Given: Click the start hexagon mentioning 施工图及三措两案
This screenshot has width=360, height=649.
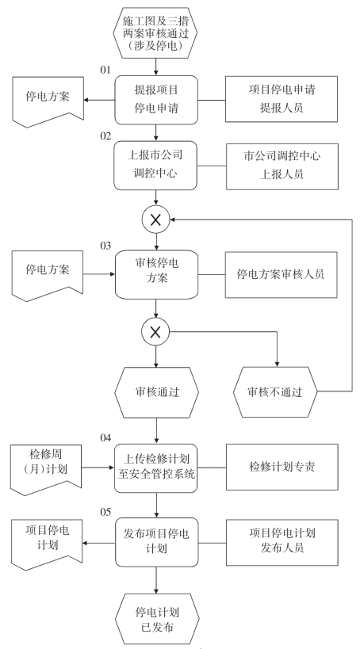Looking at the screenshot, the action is point(155,32).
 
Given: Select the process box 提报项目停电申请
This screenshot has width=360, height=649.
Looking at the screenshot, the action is point(156,100).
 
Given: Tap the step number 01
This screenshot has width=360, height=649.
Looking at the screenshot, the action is point(105,70).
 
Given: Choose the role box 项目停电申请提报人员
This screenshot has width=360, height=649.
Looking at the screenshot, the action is point(281,99).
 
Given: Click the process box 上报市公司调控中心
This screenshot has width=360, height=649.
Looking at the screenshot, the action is point(155,165).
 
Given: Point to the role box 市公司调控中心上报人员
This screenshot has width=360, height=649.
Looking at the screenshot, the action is point(282,166).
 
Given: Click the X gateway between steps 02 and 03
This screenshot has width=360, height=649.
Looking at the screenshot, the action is point(155,220).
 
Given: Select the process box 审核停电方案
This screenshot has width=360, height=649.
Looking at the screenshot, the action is point(156,274).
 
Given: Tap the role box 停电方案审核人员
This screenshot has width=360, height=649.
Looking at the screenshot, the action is point(281,275).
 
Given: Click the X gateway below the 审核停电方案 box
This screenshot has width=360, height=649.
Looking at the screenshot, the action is point(155,332).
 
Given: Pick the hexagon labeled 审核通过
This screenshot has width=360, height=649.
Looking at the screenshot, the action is point(156,392).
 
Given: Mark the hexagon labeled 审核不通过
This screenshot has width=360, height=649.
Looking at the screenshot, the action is point(275,391).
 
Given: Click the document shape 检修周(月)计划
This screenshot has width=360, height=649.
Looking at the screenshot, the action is point(46,469).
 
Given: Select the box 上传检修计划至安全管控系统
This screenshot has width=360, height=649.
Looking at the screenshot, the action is point(156,468).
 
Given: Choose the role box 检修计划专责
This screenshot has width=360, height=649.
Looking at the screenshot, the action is point(282,467).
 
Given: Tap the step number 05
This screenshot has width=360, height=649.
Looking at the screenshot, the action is point(105,513).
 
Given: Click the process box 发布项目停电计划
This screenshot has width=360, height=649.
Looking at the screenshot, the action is point(156,542).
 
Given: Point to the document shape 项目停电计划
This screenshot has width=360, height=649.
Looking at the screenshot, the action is point(47,544).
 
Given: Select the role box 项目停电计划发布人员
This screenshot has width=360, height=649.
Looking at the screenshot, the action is point(282,543).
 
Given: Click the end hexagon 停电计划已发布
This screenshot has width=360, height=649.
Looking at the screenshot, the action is point(157,619).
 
